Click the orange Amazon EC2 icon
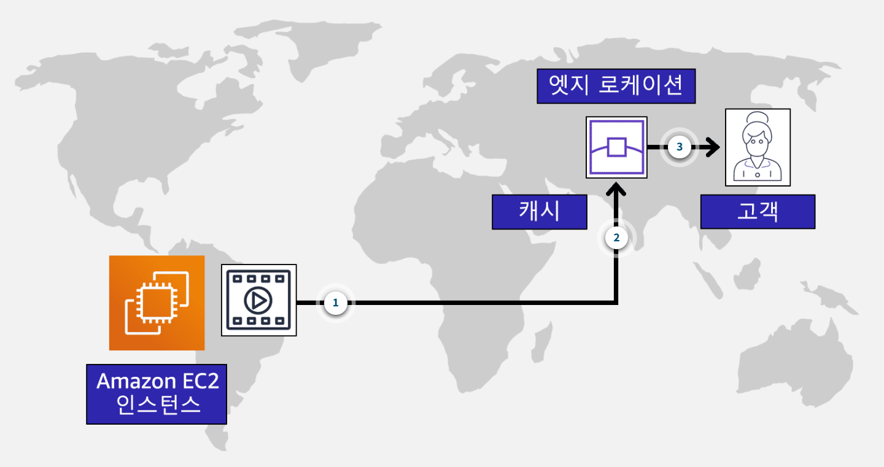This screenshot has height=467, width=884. pos(157,303)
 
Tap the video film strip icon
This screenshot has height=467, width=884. pos(258,300)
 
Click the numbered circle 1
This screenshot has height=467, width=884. pos(335,303)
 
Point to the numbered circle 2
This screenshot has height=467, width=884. pos(616,238)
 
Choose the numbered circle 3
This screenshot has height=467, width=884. pos(679,147)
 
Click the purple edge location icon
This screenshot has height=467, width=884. pos(616,147)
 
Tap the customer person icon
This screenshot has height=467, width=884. pos(758,147)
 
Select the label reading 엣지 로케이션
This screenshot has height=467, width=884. pos(616,86)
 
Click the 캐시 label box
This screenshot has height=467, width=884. pos(539,212)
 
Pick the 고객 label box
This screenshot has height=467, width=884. pos(758,212)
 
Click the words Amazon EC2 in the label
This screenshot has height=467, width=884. pos(157,381)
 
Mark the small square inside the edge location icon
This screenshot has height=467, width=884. pos(616,148)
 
